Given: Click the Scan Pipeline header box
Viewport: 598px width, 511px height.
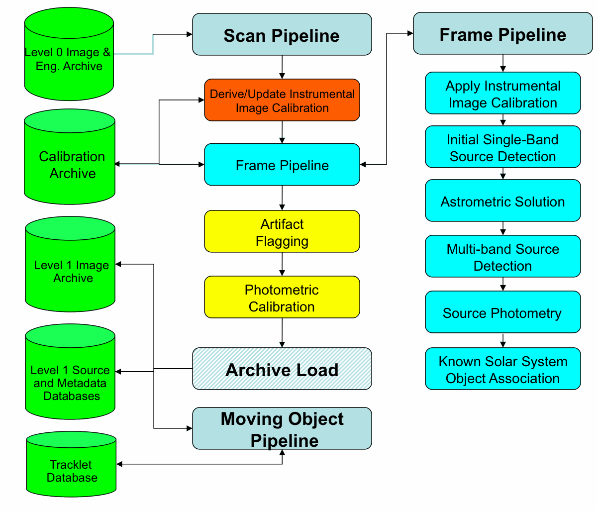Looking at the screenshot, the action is tap(282, 34).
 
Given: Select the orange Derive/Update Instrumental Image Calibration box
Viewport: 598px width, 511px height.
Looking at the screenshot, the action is tap(282, 100).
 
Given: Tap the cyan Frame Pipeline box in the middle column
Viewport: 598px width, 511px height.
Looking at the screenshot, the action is tap(282, 164).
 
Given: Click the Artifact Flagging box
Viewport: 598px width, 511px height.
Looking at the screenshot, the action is tap(282, 231).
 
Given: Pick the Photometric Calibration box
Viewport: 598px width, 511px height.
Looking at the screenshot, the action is tap(282, 297).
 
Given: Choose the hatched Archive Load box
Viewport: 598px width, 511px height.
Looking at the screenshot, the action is tap(282, 369).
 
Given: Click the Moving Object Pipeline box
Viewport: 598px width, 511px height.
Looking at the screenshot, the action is tap(282, 428).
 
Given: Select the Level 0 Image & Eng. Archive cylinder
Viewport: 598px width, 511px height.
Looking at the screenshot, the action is tap(69, 54).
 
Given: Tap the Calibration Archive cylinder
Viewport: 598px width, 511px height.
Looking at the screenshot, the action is tap(70, 157).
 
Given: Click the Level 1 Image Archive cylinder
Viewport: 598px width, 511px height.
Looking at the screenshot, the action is tap(70, 264).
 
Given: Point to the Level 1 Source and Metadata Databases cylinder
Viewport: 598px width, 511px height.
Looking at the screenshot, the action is tap(70, 372).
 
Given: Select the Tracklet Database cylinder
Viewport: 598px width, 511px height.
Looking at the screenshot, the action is tap(71, 464).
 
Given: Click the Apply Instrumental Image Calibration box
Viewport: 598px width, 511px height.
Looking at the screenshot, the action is tap(503, 93).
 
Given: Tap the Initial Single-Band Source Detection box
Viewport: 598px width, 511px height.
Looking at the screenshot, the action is tap(503, 147).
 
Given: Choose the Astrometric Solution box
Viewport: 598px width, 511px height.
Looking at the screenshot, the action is tap(503, 201).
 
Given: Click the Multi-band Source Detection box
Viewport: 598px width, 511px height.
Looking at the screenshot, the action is tap(503, 256).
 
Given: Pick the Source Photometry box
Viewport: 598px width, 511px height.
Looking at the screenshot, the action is tap(503, 312).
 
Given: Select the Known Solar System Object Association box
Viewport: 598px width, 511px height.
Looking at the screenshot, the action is tap(503, 369).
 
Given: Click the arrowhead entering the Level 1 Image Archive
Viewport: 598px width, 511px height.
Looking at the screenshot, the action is tap(118, 264).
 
